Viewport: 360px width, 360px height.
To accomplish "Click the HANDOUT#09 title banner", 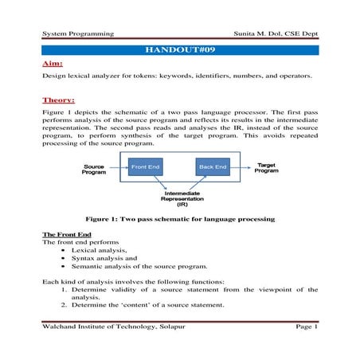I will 180,50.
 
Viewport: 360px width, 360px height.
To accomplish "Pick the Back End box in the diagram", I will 213,168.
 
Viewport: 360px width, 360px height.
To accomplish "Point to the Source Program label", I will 94,170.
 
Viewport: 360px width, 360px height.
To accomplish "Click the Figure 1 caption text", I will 180,217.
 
